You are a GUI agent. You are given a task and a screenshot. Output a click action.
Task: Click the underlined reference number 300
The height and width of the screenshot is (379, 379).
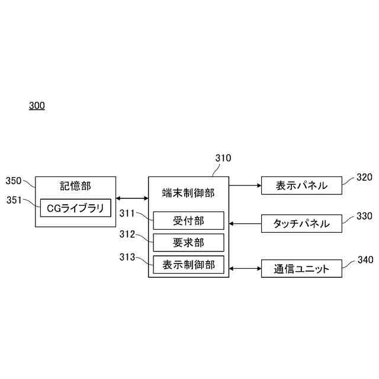click(37, 106)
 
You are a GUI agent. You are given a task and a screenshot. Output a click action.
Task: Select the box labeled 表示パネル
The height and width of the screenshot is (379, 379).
click(302, 185)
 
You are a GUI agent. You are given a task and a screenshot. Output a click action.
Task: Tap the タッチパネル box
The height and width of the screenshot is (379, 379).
click(302, 224)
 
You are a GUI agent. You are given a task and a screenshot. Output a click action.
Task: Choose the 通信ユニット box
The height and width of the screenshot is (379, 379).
click(302, 269)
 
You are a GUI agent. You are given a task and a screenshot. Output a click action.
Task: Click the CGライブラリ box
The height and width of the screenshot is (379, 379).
click(75, 208)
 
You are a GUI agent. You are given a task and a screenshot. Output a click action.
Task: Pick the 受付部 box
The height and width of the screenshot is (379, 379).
click(188, 220)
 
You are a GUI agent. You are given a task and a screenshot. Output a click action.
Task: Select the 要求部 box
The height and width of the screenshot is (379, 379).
click(188, 242)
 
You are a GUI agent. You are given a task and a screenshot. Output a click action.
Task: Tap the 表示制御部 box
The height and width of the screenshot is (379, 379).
click(188, 265)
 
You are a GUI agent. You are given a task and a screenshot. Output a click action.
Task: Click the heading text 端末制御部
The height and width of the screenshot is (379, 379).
click(188, 192)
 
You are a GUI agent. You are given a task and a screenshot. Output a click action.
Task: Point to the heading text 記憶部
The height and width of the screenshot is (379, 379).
click(76, 186)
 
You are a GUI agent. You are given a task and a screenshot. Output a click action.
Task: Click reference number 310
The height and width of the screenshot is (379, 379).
click(223, 158)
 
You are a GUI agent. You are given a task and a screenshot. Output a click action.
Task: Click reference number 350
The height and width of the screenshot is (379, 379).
click(14, 181)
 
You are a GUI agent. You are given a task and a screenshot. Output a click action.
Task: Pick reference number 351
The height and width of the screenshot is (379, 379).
click(14, 200)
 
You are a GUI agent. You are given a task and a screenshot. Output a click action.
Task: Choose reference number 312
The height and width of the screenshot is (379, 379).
click(127, 235)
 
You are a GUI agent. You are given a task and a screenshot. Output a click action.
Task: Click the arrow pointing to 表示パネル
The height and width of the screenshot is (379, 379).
click(245, 185)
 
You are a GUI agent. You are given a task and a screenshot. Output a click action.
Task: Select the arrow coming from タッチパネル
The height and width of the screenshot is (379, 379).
click(245, 224)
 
